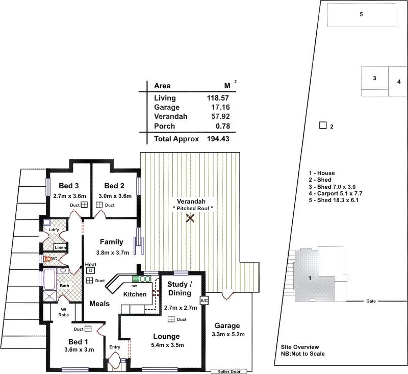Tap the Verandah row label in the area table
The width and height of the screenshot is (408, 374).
click(170, 116)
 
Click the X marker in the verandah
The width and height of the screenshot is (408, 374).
click(190, 218)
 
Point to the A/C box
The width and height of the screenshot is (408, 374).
click(205, 301)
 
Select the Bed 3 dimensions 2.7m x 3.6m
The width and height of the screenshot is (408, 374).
click(69, 196)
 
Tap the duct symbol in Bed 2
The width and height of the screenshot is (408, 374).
click(99, 205)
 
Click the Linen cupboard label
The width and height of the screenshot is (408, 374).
click(60, 247)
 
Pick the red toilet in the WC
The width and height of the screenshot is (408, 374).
click(48, 259)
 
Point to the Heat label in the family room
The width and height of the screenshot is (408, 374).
click(91, 264)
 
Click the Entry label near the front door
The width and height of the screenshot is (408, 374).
click(115, 347)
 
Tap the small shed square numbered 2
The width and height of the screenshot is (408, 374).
click(322, 125)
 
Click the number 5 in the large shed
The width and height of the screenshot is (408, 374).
click(361, 14)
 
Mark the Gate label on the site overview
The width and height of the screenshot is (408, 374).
click(371, 301)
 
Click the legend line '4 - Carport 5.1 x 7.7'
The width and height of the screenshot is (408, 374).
click(337, 193)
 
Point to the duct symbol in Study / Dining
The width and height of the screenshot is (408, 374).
click(170, 319)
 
